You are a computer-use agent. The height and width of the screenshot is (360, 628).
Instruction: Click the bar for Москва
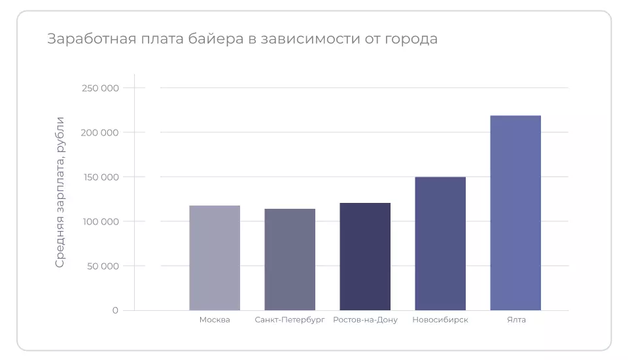point(215,258)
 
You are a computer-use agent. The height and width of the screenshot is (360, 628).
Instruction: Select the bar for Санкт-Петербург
point(290,259)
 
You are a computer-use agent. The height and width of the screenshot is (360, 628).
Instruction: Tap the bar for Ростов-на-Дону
point(365,257)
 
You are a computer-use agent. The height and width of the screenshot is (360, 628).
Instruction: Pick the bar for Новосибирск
point(440,243)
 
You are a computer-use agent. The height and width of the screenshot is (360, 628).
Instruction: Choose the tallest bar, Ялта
point(515,213)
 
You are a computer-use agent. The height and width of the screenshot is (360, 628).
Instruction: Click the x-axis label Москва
point(215,320)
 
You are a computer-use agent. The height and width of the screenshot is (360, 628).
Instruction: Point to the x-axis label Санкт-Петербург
point(290,320)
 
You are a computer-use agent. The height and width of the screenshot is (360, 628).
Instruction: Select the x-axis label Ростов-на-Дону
point(365,320)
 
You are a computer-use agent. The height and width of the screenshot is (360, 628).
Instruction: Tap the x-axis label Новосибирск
point(440,320)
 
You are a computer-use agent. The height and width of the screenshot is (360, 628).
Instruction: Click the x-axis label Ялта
point(516,320)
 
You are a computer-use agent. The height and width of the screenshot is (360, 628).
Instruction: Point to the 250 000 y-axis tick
point(100,88)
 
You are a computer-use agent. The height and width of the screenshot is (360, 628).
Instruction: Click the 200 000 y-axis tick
point(100,132)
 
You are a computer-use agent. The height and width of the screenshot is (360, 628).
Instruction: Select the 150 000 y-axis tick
point(100,177)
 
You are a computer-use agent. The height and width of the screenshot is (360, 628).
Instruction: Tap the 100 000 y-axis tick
point(100,221)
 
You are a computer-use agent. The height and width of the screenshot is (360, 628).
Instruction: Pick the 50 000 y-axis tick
point(103,266)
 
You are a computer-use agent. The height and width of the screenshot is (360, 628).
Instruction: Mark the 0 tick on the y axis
point(115,310)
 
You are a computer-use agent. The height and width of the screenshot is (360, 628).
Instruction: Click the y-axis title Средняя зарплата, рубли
point(60,192)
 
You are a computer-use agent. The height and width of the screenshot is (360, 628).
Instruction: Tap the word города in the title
point(410,39)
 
